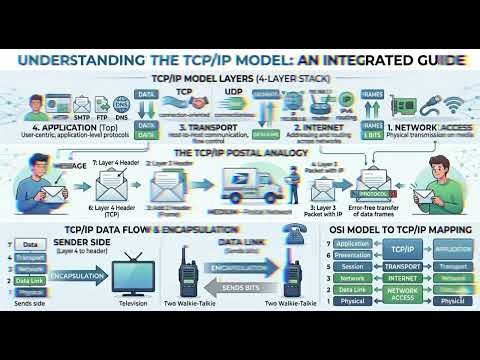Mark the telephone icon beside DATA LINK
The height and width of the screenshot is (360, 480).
coord(295,229)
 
